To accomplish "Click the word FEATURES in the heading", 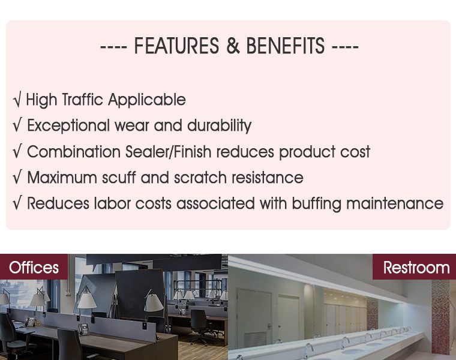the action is click(x=176, y=46).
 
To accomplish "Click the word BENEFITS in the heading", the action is click(x=285, y=46).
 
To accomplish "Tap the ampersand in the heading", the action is click(x=233, y=46).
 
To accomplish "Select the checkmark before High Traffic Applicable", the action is click(x=17, y=100).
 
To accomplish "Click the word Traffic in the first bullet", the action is click(x=83, y=100).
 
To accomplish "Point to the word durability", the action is click(x=219, y=126).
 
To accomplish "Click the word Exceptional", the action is click(x=68, y=126).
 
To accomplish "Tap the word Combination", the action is click(x=74, y=152).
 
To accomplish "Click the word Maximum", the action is click(x=62, y=178).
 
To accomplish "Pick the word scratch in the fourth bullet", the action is click(x=200, y=178).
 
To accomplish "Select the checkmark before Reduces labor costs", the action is click(x=17, y=203).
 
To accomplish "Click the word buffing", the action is click(x=316, y=203).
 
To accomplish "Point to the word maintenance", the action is click(x=395, y=203).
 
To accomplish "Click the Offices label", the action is click(x=34, y=267).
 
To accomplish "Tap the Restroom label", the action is click(x=416, y=267).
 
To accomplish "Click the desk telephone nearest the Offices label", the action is click(x=30, y=322).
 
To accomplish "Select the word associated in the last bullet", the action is click(x=215, y=203).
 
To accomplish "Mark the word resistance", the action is click(x=267, y=178).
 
